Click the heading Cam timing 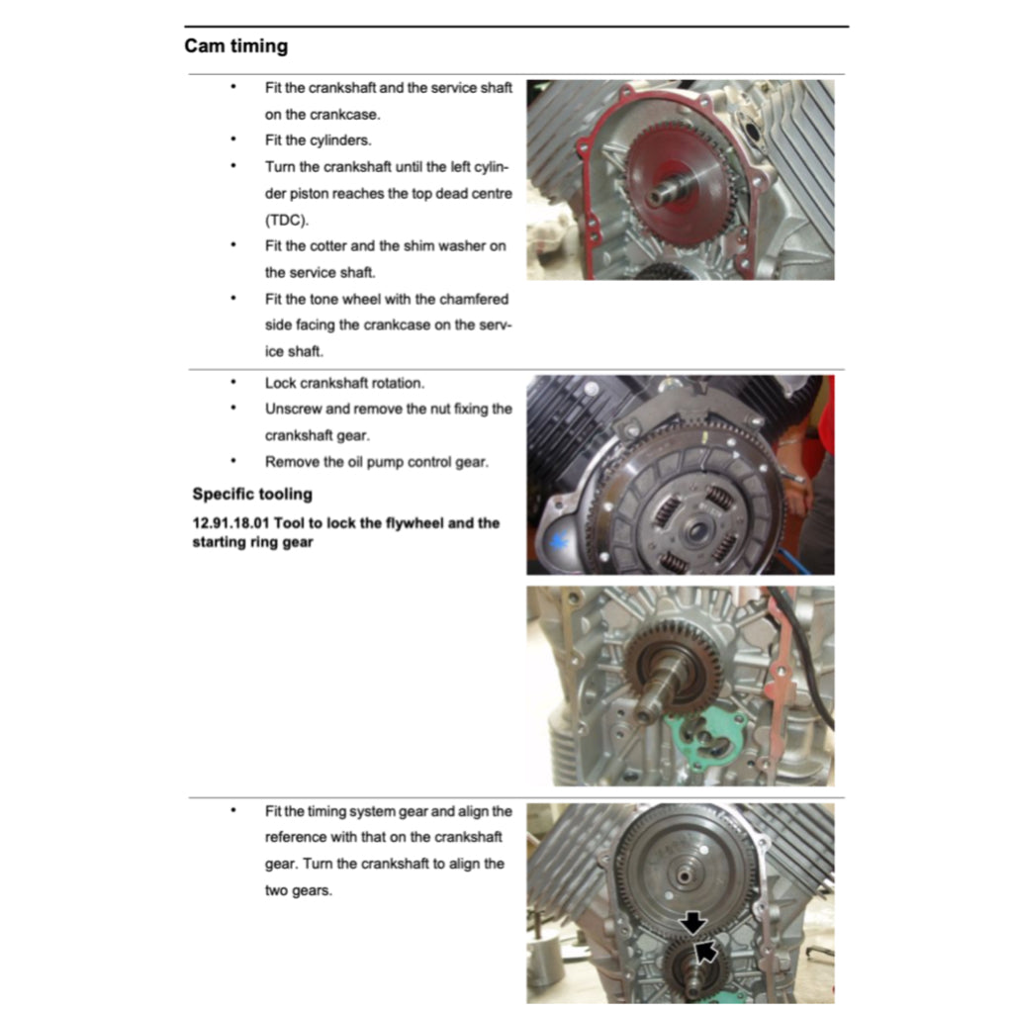(x=235, y=46)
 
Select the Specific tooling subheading (x=251, y=495)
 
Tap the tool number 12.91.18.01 (x=233, y=523)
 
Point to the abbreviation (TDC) (x=287, y=220)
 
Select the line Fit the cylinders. (x=318, y=140)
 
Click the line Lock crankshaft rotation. (x=343, y=383)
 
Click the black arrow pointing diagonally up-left (x=705, y=952)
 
